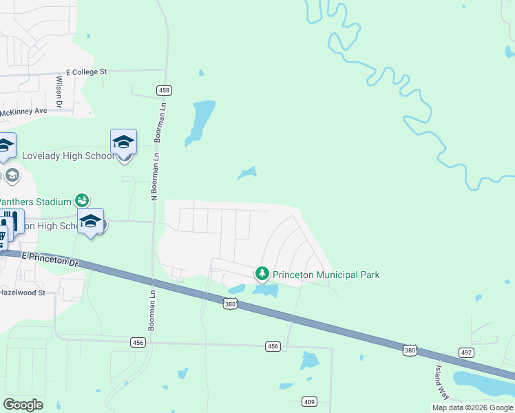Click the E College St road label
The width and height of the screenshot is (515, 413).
(x=87, y=72)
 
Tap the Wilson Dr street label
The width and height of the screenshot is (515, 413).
(x=59, y=92)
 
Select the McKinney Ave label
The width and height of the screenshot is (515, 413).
(x=23, y=112)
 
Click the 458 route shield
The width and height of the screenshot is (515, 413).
(x=164, y=90)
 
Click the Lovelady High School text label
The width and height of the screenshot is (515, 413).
(x=68, y=156)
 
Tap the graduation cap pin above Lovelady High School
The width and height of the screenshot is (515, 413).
(x=123, y=142)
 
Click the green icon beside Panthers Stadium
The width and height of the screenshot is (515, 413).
(x=82, y=200)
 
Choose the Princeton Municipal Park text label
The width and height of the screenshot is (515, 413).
(x=326, y=275)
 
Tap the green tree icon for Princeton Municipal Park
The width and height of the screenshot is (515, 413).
(x=262, y=274)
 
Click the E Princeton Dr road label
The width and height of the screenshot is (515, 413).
(x=51, y=260)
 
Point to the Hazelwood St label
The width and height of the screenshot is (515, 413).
(x=23, y=293)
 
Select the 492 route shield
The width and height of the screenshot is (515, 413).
(x=467, y=352)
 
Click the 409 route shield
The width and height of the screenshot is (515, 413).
(x=308, y=401)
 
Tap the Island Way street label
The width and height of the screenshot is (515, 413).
(x=440, y=382)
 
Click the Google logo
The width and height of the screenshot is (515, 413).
(x=23, y=404)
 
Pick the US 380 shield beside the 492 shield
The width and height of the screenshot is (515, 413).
(x=410, y=351)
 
